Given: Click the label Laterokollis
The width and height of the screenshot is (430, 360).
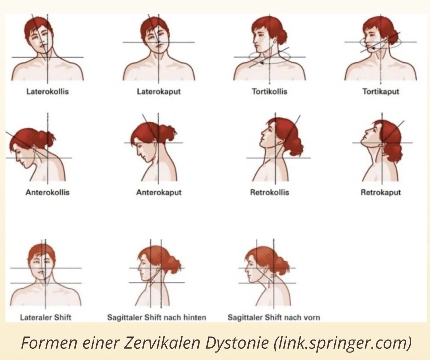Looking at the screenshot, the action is pyautogui.click(x=47, y=91).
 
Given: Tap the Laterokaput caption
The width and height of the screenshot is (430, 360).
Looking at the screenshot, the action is pyautogui.click(x=159, y=92).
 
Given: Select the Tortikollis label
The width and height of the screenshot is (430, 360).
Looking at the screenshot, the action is pyautogui.click(x=269, y=91).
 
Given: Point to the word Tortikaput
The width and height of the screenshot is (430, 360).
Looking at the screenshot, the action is pyautogui.click(x=381, y=92).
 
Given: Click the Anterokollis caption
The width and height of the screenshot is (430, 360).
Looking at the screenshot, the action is pyautogui.click(x=47, y=192).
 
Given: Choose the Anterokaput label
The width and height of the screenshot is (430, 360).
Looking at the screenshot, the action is pyautogui.click(x=159, y=193).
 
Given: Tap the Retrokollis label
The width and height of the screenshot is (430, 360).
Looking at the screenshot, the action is pyautogui.click(x=269, y=192).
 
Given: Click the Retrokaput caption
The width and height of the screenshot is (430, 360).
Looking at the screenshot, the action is pyautogui.click(x=381, y=193).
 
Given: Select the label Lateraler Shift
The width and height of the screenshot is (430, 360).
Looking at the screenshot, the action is pyautogui.click(x=45, y=317).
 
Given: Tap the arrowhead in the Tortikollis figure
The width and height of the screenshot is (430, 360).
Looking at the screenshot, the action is pyautogui.click(x=262, y=63).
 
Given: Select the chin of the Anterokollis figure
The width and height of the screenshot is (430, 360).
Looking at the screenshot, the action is pyautogui.click(x=25, y=165).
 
